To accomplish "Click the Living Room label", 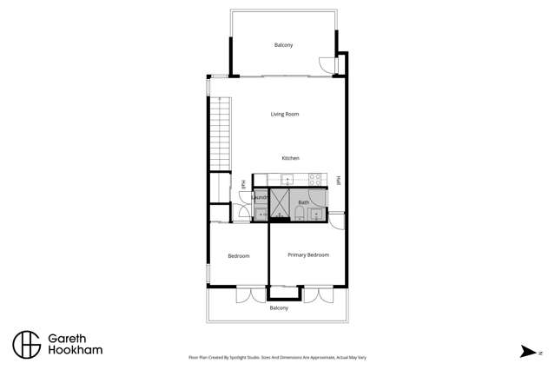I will click(284, 114).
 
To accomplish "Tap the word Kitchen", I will click(290, 158).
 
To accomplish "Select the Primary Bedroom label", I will click(307, 254).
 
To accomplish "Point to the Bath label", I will click(303, 202).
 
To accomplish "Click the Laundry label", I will click(260, 198).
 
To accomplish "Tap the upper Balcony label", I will click(283, 45).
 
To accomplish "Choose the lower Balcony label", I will click(279, 308).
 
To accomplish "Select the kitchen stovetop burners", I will click(315, 180).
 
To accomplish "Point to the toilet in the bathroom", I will click(300, 213).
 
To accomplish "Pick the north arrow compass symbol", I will click(527, 351).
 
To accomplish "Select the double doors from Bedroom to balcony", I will click(250, 294).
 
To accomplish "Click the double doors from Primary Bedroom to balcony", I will click(318, 294).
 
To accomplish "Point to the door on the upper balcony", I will click(327, 65).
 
